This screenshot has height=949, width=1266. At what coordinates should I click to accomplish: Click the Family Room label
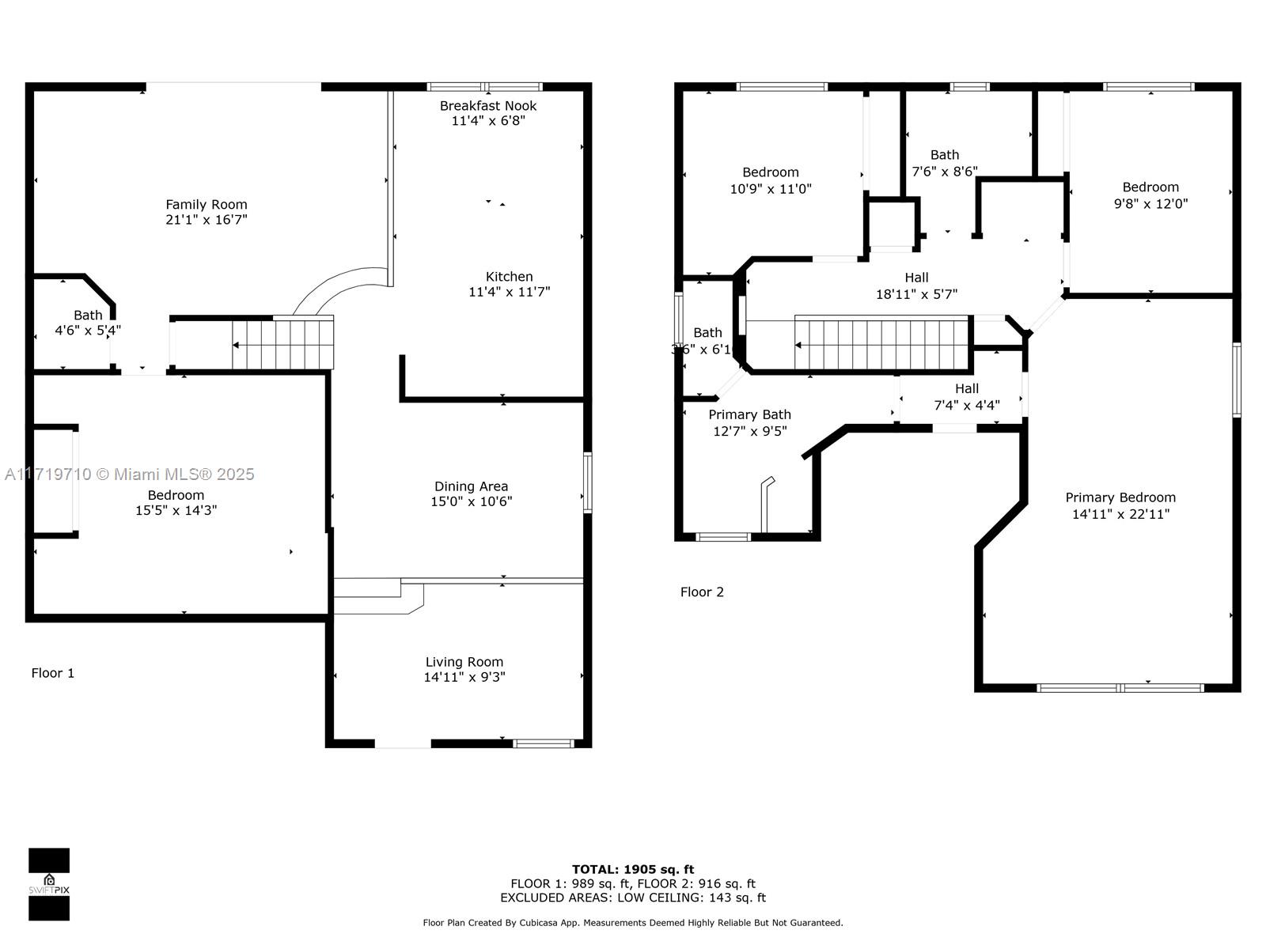207,205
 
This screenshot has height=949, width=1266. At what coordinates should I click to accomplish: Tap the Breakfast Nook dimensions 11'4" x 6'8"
488,121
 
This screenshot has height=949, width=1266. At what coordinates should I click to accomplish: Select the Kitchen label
509,277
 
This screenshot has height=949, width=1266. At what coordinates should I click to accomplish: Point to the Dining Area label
472,487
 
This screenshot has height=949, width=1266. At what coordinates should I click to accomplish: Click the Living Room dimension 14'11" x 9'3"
464,677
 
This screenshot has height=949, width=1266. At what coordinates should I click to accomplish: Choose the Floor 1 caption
53,673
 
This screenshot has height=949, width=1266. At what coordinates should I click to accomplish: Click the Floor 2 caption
702,592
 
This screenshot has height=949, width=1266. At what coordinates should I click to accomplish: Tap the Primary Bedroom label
1120,498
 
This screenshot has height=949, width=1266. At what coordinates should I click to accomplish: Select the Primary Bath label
750,415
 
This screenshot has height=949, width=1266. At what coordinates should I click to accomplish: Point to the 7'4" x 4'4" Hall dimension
967,405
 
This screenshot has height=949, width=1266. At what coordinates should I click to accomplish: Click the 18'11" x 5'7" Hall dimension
916,294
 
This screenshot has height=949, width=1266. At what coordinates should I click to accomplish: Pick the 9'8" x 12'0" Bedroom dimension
1150,204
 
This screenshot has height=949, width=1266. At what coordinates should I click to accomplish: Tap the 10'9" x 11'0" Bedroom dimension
771,189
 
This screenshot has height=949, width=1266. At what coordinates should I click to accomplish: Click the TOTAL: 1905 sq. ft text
633,869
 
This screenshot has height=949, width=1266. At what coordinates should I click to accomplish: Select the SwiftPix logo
49,884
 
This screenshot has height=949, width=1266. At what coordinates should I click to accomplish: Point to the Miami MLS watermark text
129,475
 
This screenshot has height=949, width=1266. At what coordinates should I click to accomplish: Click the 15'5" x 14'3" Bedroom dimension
176,511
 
